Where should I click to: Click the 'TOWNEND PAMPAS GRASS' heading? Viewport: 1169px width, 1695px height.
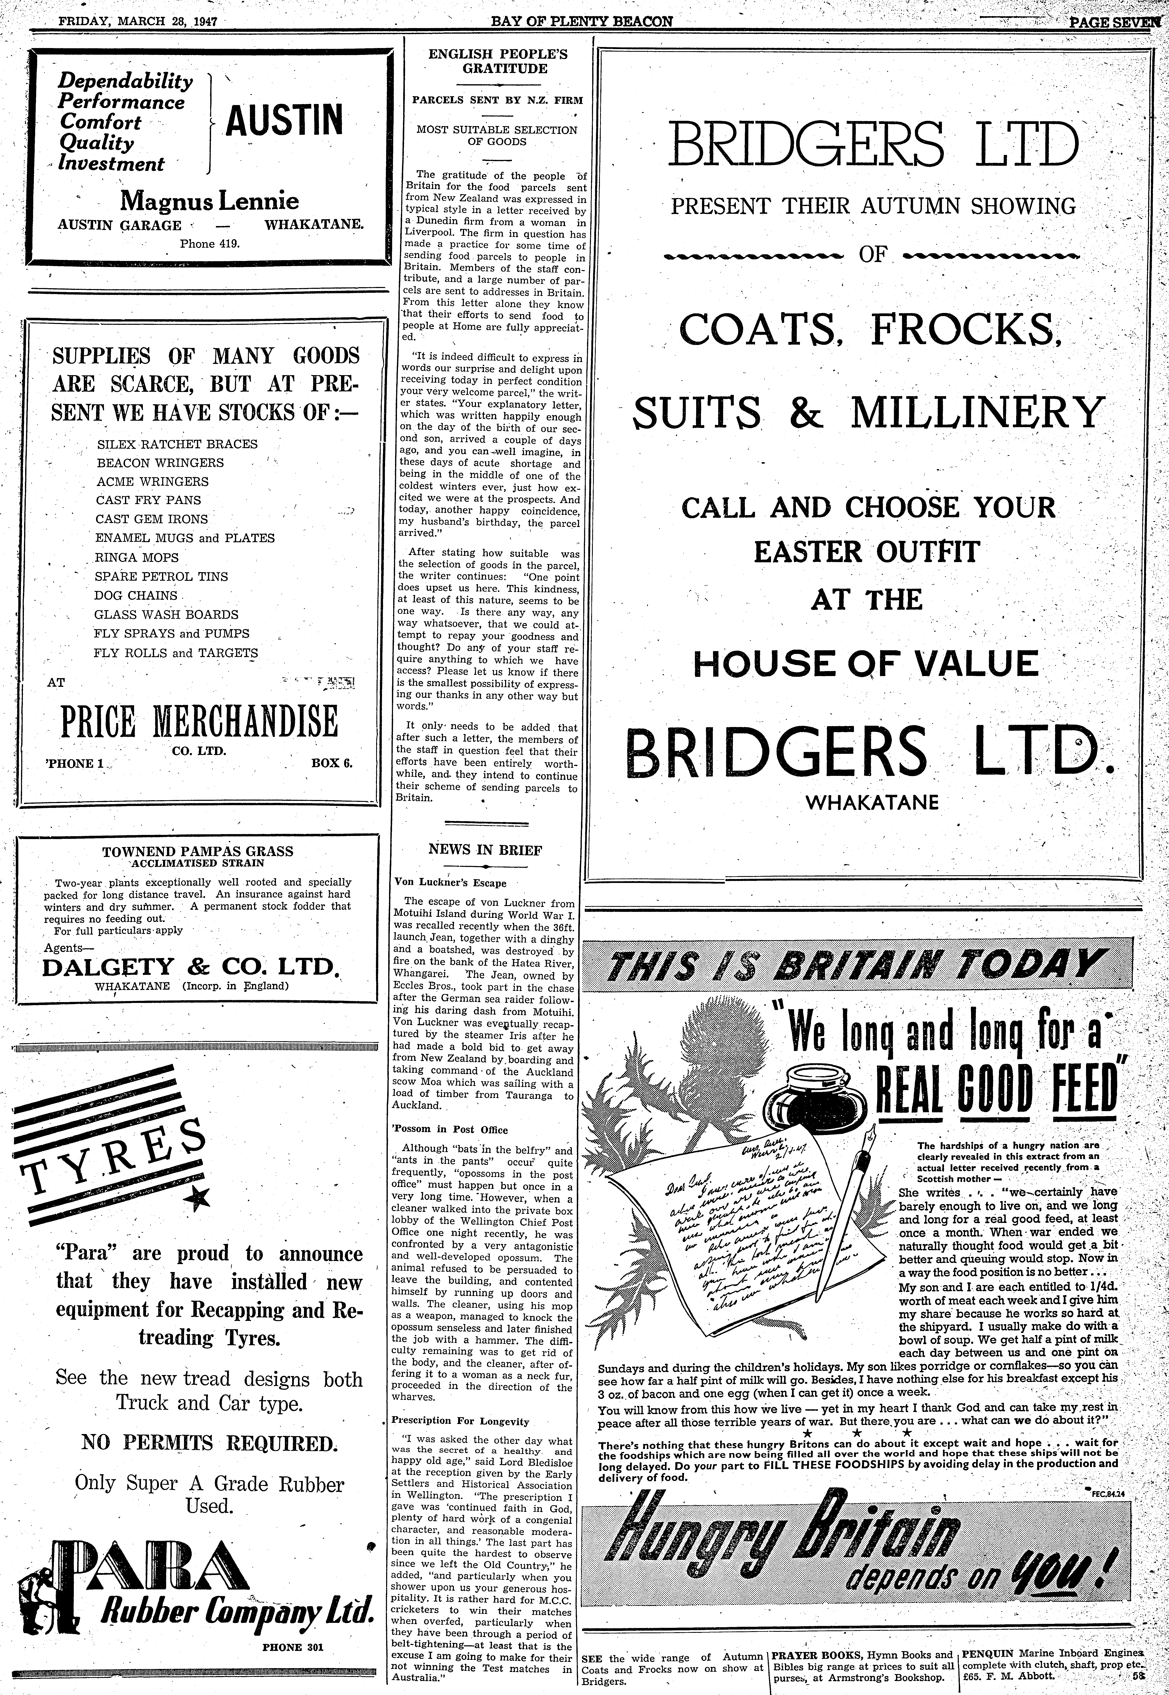[x=198, y=851]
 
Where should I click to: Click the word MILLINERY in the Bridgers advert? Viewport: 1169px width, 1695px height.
[x=976, y=412]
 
